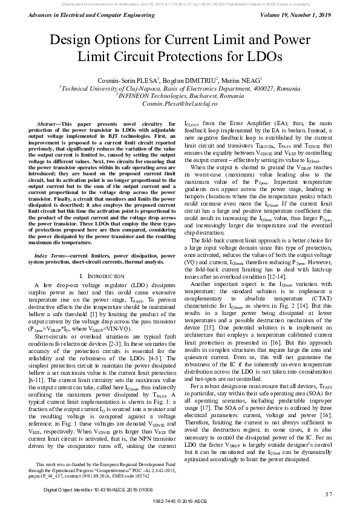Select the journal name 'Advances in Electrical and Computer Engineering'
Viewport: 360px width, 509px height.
pyautogui.click(x=77, y=15)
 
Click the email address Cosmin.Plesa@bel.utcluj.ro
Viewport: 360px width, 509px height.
pyautogui.click(x=181, y=104)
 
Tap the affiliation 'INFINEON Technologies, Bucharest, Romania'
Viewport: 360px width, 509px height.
pyautogui.click(x=181, y=96)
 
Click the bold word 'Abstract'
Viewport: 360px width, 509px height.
pyautogui.click(x=50, y=123)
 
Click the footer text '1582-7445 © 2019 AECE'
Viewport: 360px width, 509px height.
pyautogui.click(x=180, y=502)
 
